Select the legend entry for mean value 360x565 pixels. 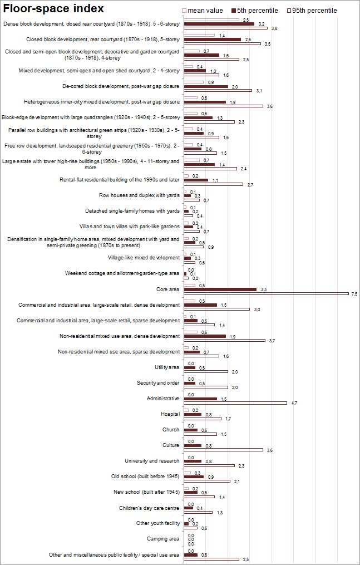(x=204, y=11)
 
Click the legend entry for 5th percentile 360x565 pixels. (x=254, y=11)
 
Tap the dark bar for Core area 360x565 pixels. (x=220, y=289)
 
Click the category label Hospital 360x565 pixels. (x=170, y=414)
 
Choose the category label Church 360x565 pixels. (x=171, y=430)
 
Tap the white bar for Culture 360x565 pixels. (x=223, y=450)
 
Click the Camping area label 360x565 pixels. (x=163, y=539)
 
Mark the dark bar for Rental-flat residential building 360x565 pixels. (x=196, y=180)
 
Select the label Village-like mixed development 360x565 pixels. (x=144, y=258)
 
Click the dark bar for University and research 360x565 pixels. (x=193, y=461)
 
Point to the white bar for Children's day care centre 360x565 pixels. (x=198, y=512)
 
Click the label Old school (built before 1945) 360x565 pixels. (x=145, y=476)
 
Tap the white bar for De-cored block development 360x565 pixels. (x=218, y=91)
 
